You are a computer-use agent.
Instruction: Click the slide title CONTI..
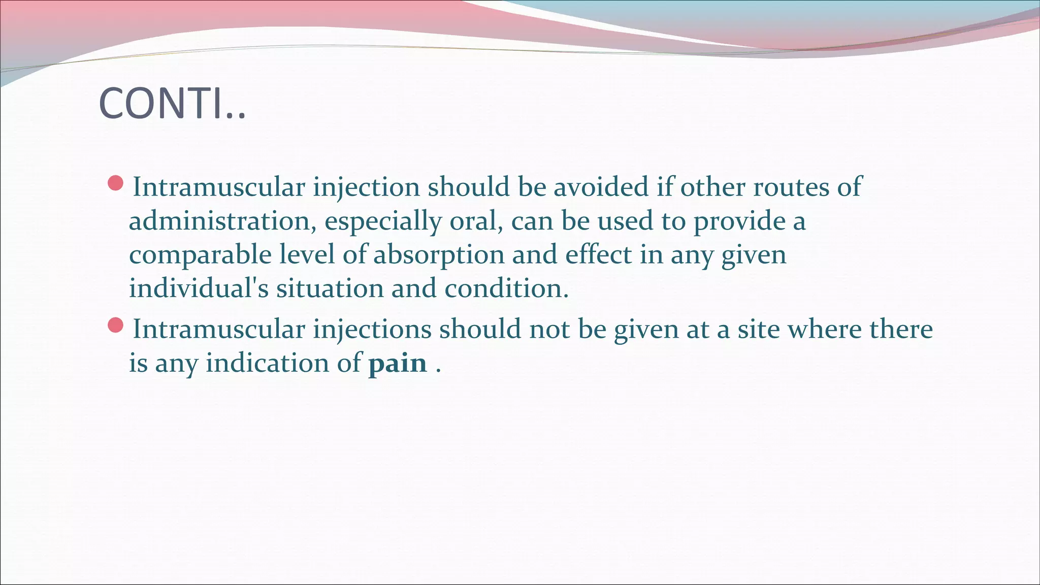[x=172, y=104]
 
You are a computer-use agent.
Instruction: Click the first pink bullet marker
[x=116, y=183]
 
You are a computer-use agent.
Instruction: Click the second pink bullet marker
[x=116, y=326]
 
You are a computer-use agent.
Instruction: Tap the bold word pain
[x=398, y=364]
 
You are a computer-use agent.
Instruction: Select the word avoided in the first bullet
[x=601, y=187]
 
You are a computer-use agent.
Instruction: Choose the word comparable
[x=200, y=255]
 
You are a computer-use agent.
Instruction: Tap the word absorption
[x=439, y=255]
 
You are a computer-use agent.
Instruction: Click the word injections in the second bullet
[x=372, y=329]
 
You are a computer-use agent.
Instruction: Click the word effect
[x=598, y=255]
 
